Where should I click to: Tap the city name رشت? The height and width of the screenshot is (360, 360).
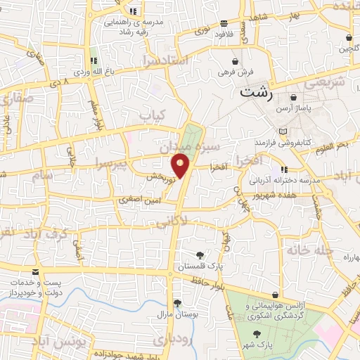click(256, 91)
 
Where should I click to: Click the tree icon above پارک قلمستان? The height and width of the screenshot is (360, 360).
click(200, 255)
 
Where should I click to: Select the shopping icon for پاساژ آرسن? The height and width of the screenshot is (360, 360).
click(292, 97)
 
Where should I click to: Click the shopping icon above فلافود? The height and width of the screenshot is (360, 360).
click(224, 22)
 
